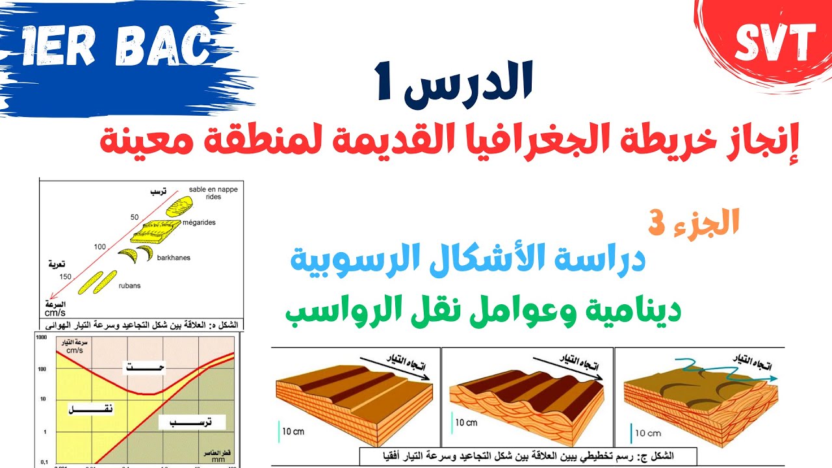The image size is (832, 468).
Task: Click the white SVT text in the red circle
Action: point(775,44)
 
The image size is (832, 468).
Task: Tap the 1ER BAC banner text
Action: point(117,47)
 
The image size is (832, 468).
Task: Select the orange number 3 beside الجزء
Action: point(656,223)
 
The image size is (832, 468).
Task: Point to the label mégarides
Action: point(200,222)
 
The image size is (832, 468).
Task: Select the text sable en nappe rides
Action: point(205,193)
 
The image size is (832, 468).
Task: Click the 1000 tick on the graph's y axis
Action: point(42,338)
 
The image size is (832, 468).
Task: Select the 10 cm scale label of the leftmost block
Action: point(292,431)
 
